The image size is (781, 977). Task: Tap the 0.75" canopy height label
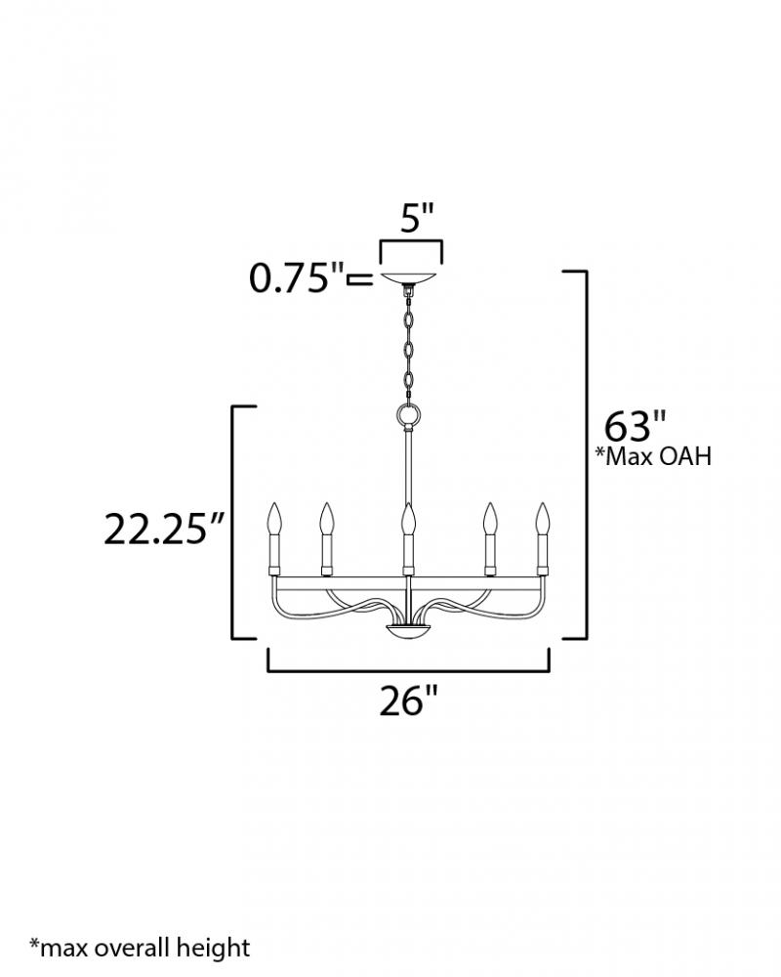297,277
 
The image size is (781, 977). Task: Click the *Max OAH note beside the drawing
653,456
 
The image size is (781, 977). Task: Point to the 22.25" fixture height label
163,529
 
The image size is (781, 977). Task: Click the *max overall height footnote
140,948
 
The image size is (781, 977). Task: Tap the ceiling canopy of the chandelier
409,278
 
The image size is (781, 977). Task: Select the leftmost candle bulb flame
274,518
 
